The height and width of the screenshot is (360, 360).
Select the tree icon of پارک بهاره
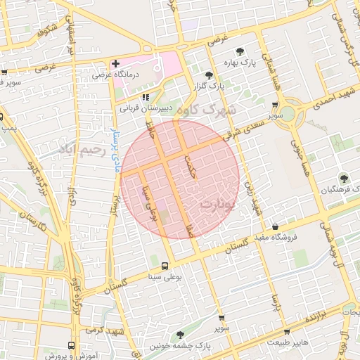click(241, 51)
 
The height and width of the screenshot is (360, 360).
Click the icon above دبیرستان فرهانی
click(146, 98)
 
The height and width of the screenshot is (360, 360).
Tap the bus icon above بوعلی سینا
click(165, 266)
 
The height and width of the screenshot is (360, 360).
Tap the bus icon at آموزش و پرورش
click(71, 345)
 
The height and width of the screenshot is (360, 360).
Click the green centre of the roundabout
click(285, 112)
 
